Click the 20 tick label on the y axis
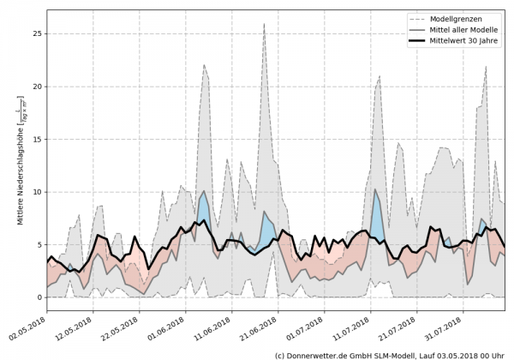pos(36,87)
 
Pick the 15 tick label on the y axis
pos(36,140)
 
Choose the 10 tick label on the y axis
pos(36,192)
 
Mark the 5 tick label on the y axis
pos(39,244)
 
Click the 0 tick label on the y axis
pos(39,297)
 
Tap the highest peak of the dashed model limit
pos(264,24)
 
